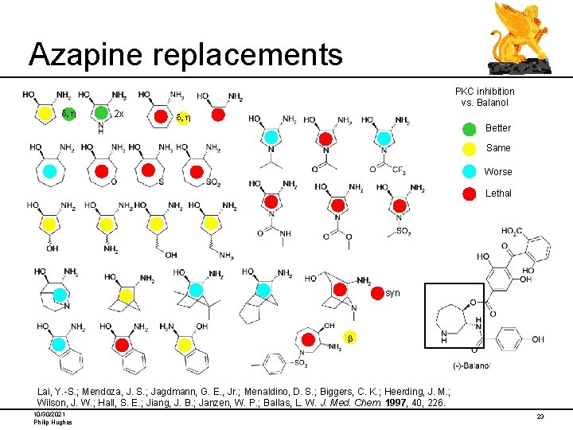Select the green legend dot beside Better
click(471, 127)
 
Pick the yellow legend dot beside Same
click(471, 148)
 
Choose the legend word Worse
click(498, 171)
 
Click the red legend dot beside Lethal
click(471, 193)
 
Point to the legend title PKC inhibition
click(485, 92)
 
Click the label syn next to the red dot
click(392, 293)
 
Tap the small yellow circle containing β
click(347, 339)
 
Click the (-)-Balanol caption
click(470, 365)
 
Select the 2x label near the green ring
click(119, 114)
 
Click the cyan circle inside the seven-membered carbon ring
click(49, 170)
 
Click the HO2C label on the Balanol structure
click(513, 232)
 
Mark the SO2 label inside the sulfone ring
click(212, 183)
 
